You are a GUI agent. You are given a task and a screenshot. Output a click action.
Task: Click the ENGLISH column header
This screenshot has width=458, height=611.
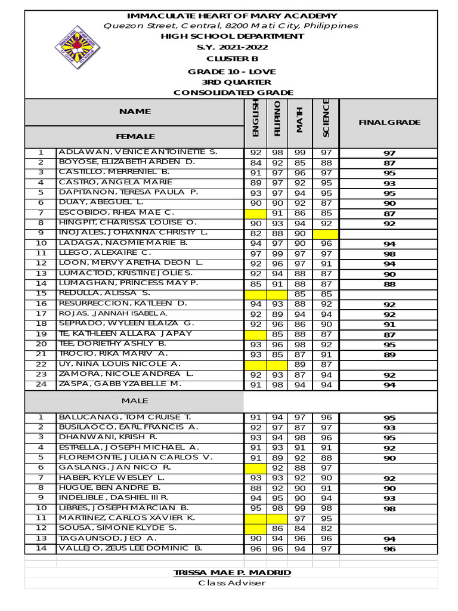point(255,122)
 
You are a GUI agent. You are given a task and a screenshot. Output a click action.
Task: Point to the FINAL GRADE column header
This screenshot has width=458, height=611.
point(389,122)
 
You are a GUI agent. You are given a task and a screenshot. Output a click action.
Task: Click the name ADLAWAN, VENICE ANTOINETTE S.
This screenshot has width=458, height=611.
point(138,152)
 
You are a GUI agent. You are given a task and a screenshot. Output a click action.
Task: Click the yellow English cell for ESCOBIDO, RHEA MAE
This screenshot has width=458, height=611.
point(255,213)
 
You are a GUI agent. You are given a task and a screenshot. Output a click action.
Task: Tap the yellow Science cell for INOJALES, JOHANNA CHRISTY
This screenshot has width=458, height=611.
point(326,233)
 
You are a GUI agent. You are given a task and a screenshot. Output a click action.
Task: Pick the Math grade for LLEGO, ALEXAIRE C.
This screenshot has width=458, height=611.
point(300,254)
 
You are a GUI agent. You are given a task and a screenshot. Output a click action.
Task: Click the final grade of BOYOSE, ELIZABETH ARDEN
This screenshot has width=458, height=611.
point(389,163)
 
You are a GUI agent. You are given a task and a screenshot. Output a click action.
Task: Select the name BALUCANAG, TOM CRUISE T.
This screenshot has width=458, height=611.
point(125,417)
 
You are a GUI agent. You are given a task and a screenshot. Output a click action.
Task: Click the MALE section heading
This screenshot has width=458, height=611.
point(135,400)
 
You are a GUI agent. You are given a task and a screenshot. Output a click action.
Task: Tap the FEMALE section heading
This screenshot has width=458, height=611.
point(135,137)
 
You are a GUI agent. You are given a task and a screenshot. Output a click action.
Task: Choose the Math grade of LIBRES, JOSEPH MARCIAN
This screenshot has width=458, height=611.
point(300,508)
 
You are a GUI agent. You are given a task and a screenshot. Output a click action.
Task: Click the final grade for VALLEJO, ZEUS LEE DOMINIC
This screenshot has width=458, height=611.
point(389,549)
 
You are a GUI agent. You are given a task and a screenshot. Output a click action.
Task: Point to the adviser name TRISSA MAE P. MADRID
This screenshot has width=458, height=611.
point(232,573)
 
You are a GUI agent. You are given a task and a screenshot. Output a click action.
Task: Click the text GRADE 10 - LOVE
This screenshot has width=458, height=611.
point(232,72)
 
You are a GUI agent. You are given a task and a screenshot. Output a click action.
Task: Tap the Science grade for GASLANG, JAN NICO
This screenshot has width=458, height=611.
point(326,468)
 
